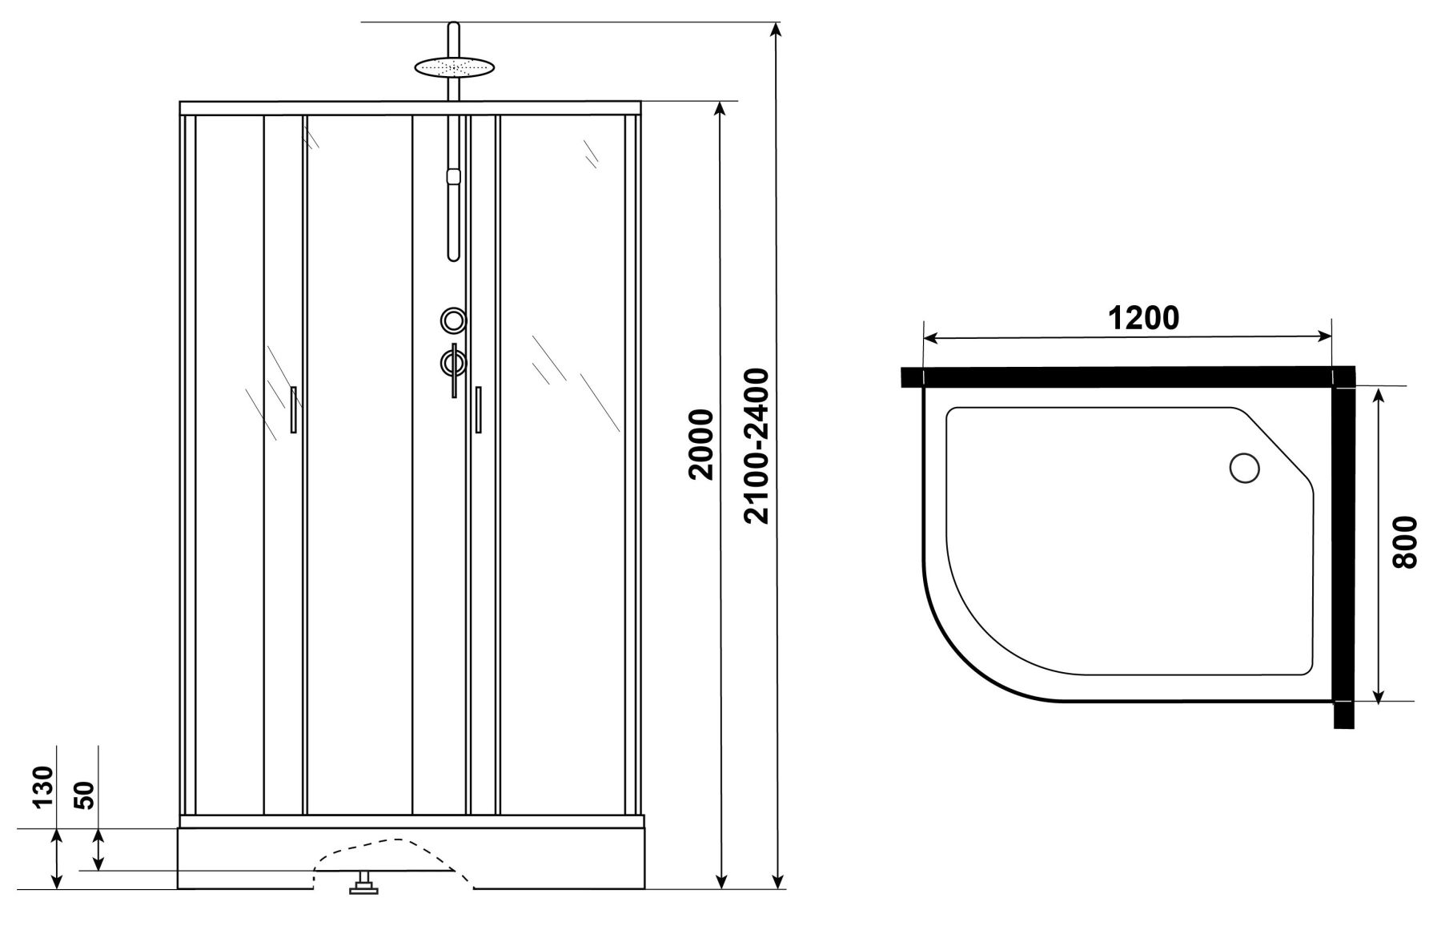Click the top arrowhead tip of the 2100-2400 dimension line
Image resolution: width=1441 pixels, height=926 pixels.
(x=776, y=23)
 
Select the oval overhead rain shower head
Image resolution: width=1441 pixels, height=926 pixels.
(x=453, y=67)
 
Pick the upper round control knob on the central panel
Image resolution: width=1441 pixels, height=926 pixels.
(x=454, y=320)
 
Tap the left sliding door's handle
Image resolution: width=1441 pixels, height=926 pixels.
(x=294, y=410)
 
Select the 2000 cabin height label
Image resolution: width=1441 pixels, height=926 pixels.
(x=702, y=444)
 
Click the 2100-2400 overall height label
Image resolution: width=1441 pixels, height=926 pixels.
(x=757, y=445)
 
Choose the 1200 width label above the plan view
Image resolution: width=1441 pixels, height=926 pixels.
(x=1143, y=318)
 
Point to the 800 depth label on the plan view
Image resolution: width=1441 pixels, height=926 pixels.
(x=1404, y=542)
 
